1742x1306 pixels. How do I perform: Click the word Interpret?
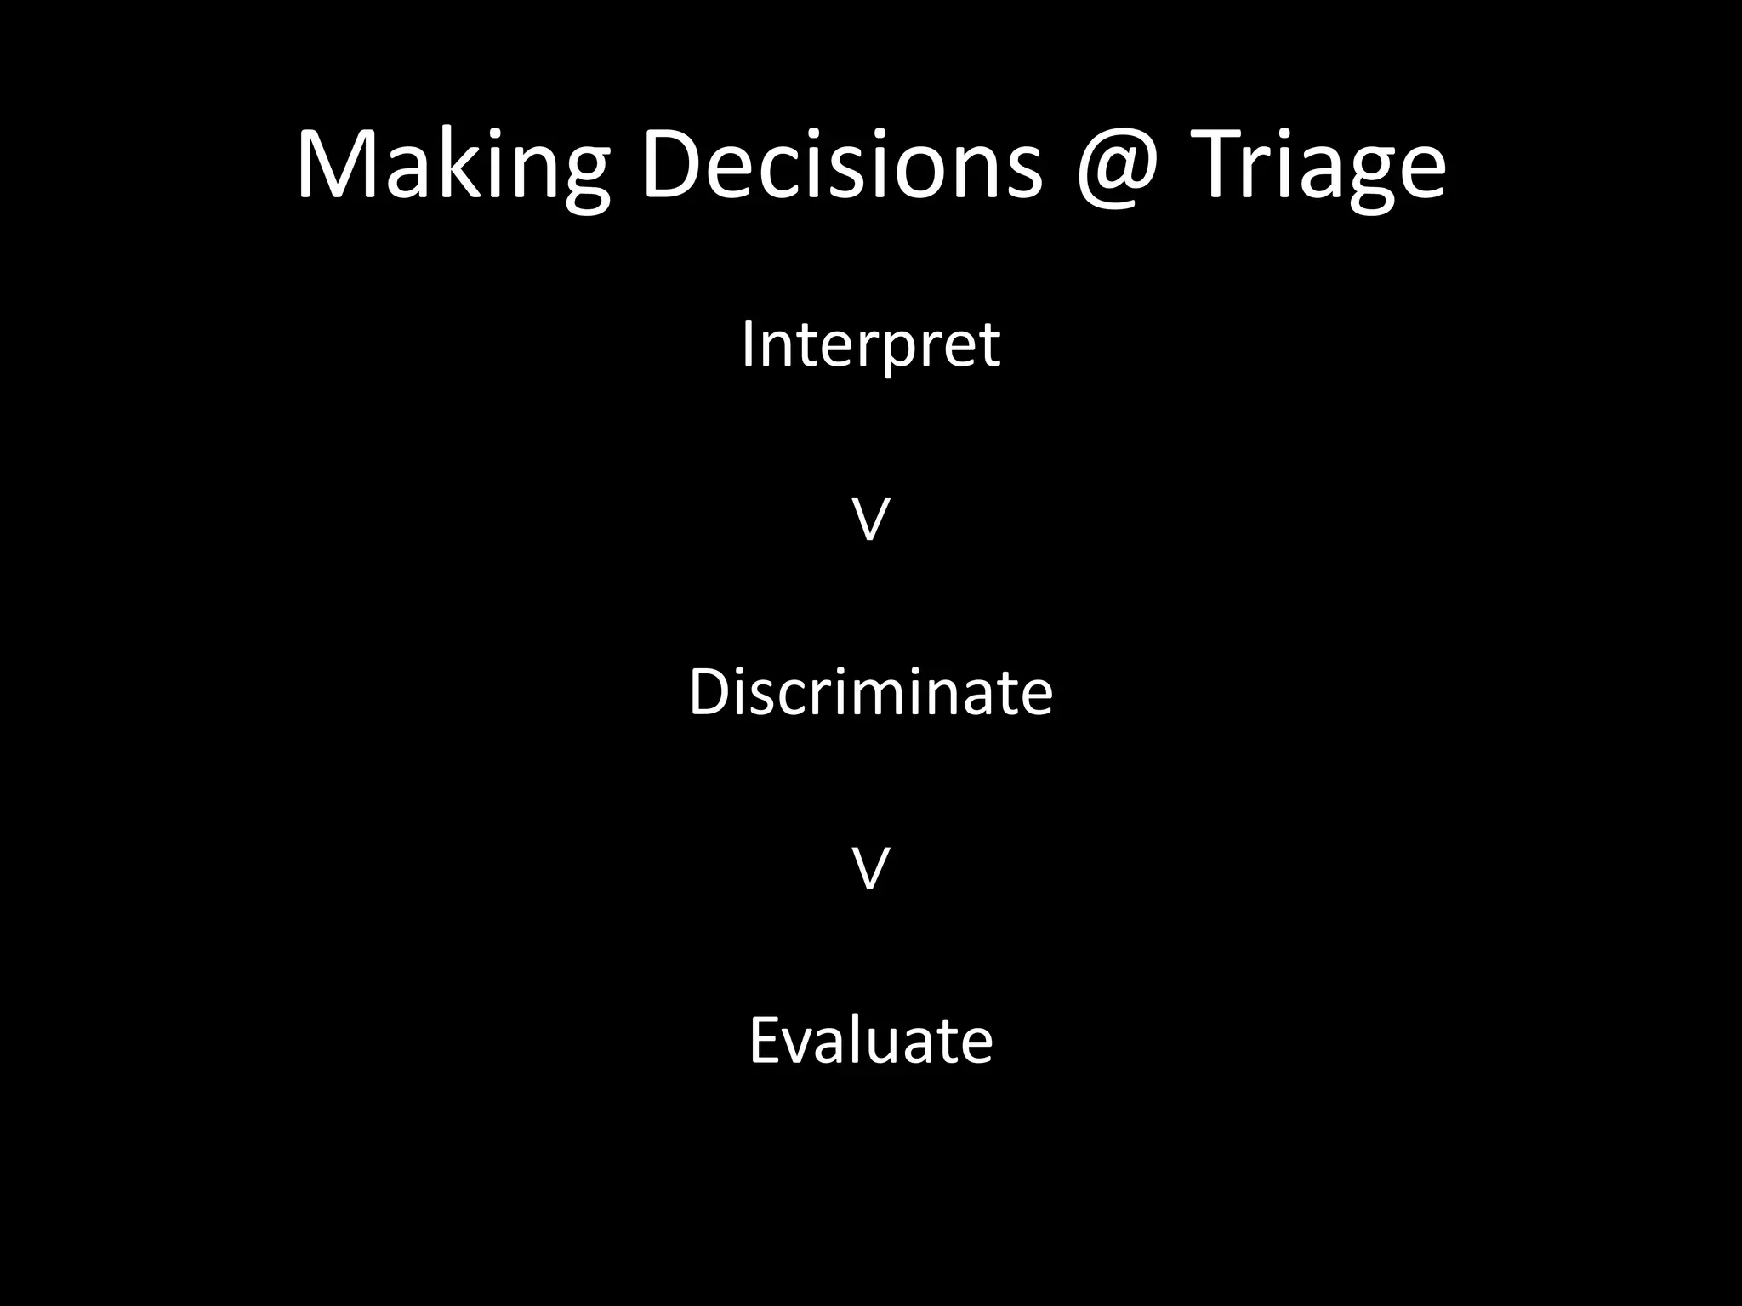pyautogui.click(x=870, y=345)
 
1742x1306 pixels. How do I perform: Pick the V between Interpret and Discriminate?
pyautogui.click(x=870, y=520)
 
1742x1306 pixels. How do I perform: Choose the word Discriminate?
pyautogui.click(x=870, y=692)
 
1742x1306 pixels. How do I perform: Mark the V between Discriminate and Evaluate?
pyautogui.click(x=870, y=869)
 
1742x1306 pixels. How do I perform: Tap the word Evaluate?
pyautogui.click(x=870, y=1041)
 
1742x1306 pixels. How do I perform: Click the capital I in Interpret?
pyautogui.click(x=748, y=344)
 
